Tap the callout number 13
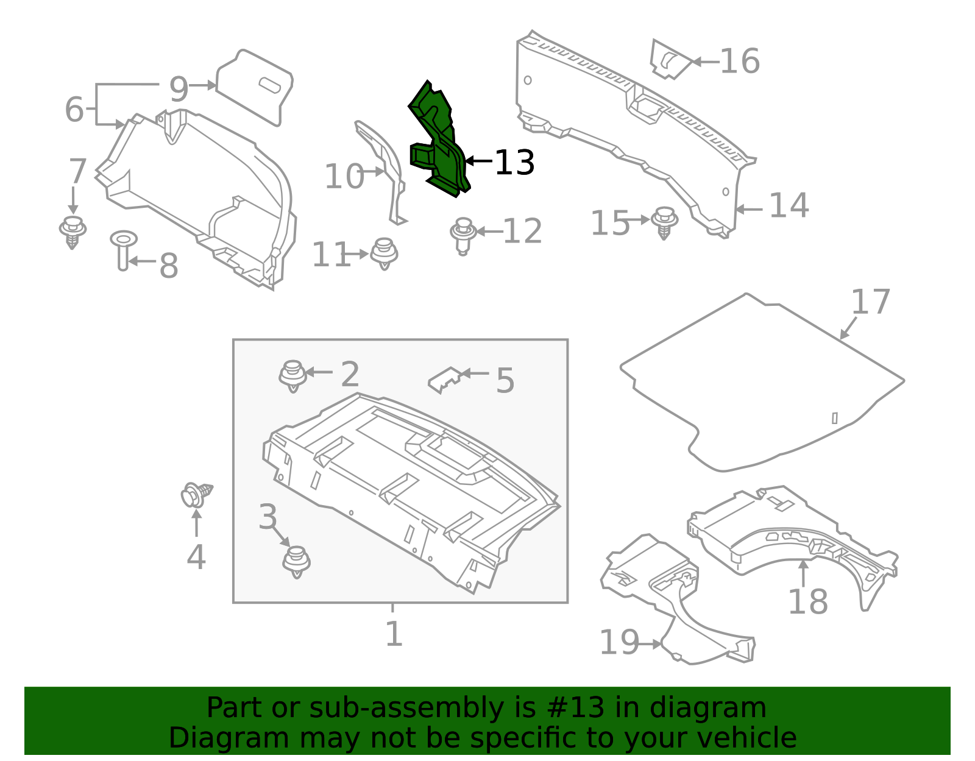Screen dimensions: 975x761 pyautogui.click(x=514, y=162)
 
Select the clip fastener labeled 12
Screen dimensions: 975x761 pyautogui.click(x=463, y=236)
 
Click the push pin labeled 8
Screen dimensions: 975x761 pyautogui.click(x=123, y=250)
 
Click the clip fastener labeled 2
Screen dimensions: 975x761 pyautogui.click(x=293, y=376)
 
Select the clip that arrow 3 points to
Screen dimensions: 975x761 pyautogui.click(x=297, y=562)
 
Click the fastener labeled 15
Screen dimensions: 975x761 pyautogui.click(x=664, y=222)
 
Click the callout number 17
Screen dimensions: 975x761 pyautogui.click(x=870, y=302)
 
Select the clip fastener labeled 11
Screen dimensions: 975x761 pyautogui.click(x=384, y=254)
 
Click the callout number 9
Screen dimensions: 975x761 pyautogui.click(x=179, y=90)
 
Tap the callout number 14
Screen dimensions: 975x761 pyautogui.click(x=789, y=205)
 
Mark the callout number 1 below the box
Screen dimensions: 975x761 pyautogui.click(x=394, y=634)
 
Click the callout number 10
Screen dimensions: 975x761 pyautogui.click(x=344, y=176)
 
